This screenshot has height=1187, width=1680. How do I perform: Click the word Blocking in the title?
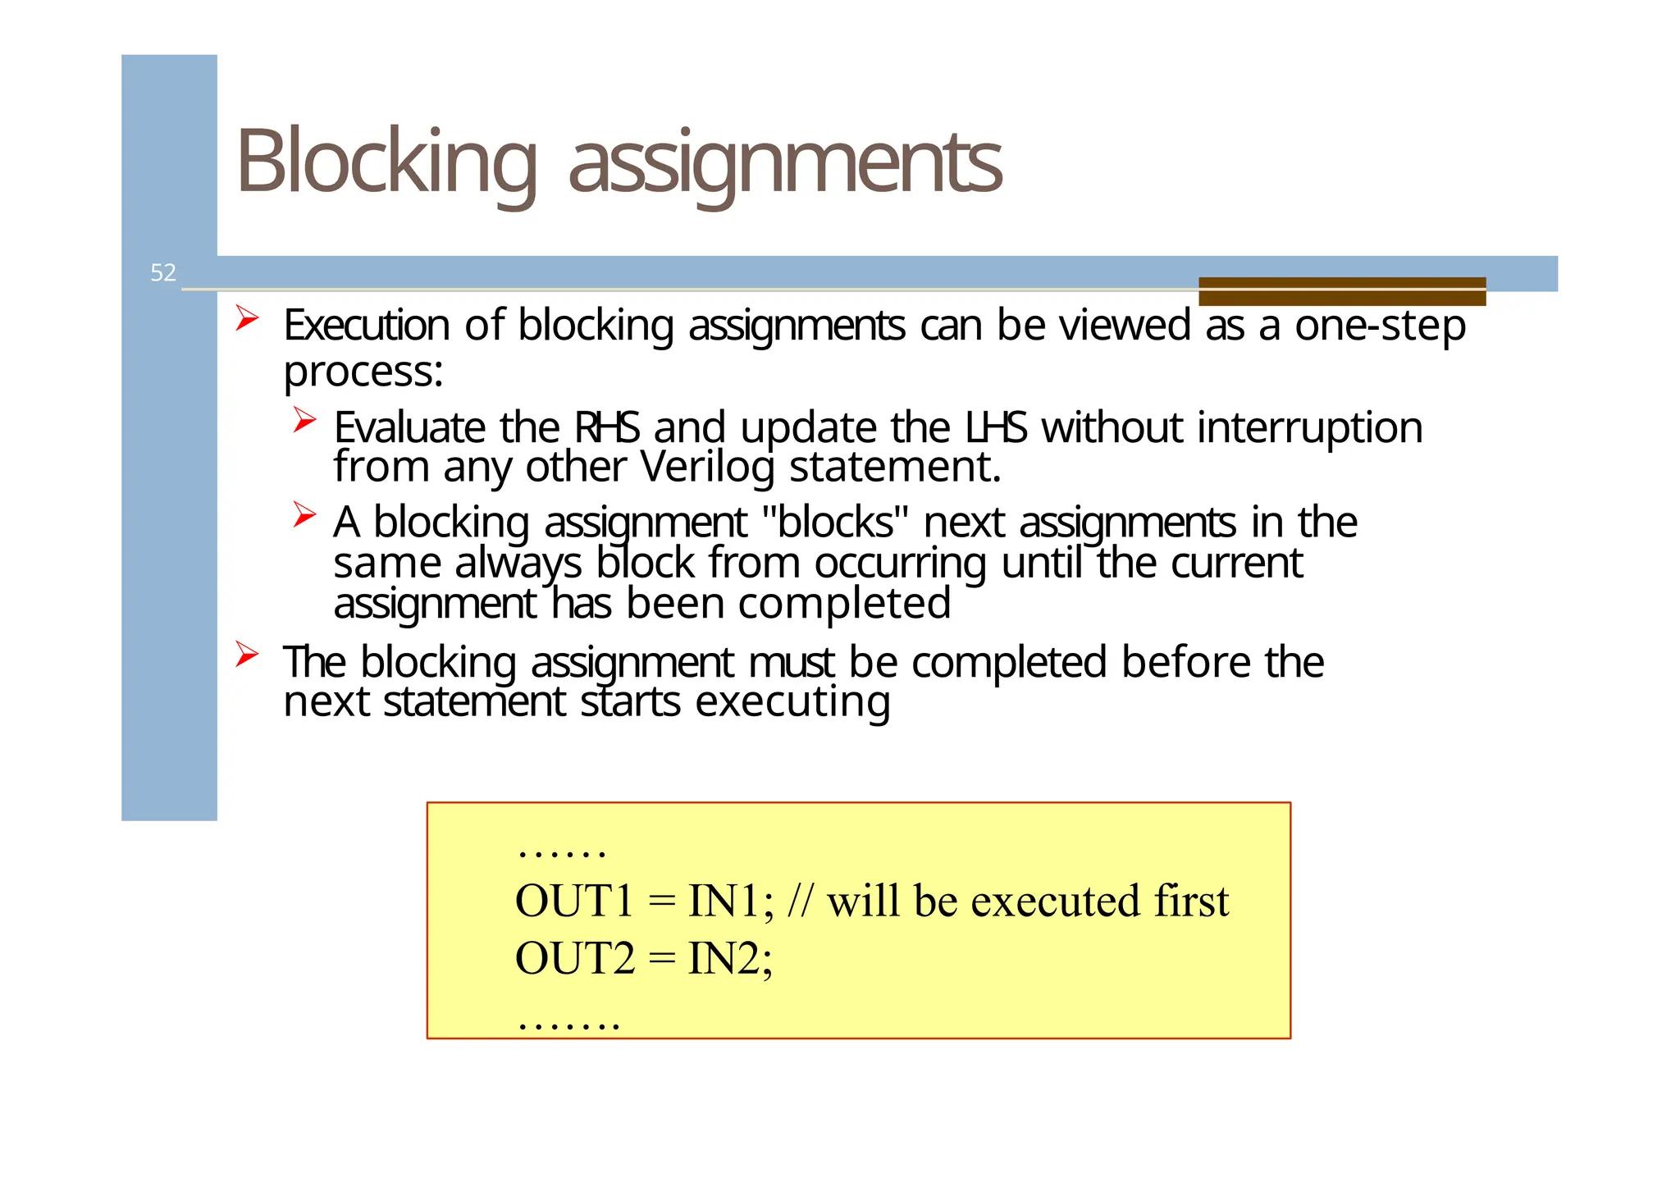(386, 162)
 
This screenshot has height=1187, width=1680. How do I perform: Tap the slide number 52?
(163, 272)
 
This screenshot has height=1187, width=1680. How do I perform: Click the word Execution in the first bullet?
(367, 325)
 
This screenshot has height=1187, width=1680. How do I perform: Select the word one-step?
(1380, 326)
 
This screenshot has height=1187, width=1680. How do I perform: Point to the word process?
(363, 372)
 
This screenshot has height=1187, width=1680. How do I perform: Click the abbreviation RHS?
(606, 427)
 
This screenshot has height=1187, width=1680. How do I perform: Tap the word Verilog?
(707, 468)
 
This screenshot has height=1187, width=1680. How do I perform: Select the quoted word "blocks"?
(835, 522)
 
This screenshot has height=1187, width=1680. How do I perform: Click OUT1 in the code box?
(574, 901)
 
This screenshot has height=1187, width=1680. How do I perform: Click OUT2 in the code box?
(574, 958)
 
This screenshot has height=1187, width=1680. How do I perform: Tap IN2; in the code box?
(729, 958)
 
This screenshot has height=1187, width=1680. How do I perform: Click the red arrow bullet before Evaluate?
(304, 421)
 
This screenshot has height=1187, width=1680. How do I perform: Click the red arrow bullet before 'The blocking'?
(247, 655)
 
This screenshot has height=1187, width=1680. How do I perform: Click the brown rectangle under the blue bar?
(1341, 291)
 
